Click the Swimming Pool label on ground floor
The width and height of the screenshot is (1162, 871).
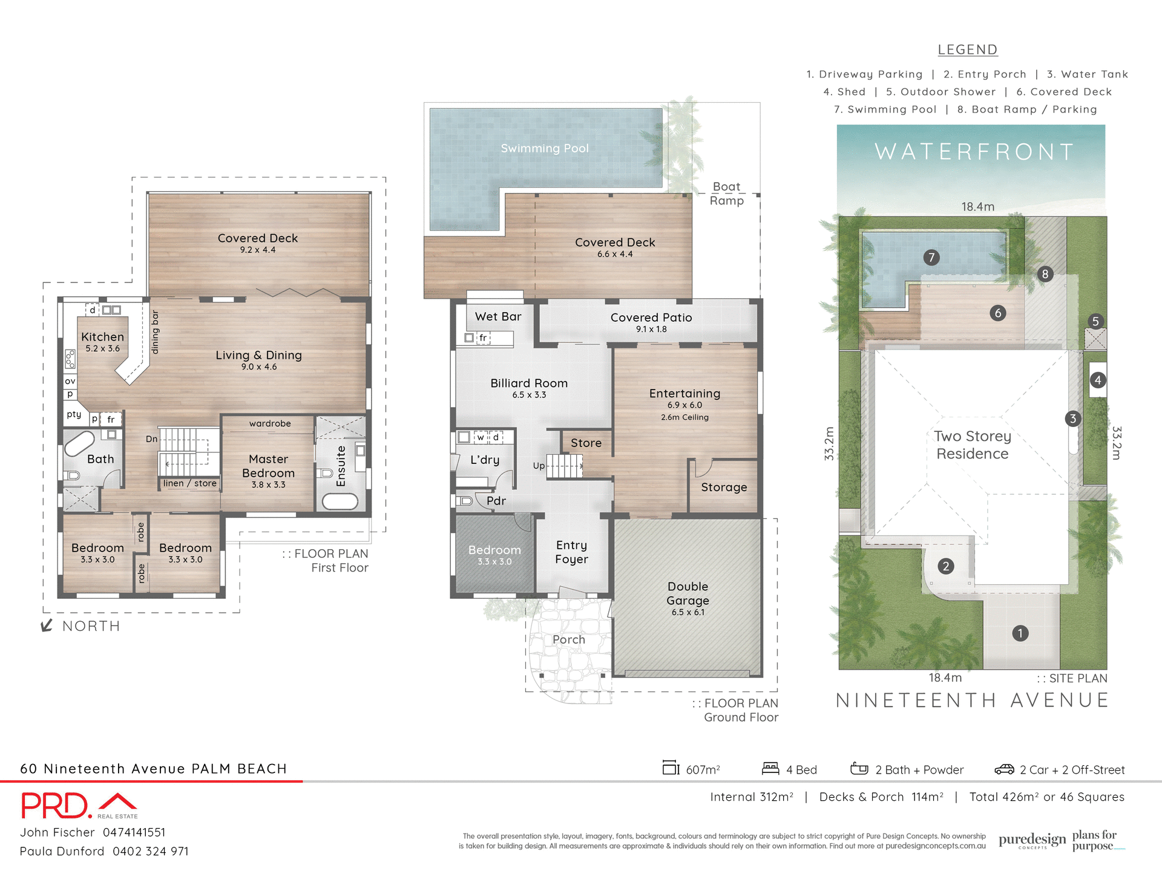pyautogui.click(x=544, y=148)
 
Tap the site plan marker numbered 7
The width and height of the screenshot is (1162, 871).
pyautogui.click(x=931, y=258)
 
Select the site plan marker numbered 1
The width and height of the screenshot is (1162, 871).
pyautogui.click(x=1020, y=633)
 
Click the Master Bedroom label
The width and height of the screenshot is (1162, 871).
pyautogui.click(x=268, y=466)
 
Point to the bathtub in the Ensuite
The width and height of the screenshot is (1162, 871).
pyautogui.click(x=340, y=501)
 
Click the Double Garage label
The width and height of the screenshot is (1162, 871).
pyautogui.click(x=688, y=593)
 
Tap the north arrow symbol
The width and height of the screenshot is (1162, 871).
pyautogui.click(x=47, y=625)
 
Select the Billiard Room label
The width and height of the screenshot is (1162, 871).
pyautogui.click(x=528, y=383)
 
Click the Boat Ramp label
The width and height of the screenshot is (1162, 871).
pyautogui.click(x=726, y=194)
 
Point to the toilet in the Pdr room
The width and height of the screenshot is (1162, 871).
pyautogui.click(x=464, y=501)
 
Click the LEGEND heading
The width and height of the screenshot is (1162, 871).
pyautogui.click(x=967, y=50)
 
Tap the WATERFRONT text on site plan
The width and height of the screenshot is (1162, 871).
pyautogui.click(x=974, y=152)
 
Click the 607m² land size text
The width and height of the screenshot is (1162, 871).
pyautogui.click(x=702, y=769)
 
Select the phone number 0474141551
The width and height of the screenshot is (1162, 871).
pyautogui.click(x=134, y=832)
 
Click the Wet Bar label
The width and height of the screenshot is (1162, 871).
pyautogui.click(x=497, y=316)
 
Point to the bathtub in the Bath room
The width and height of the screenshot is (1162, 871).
pyautogui.click(x=80, y=443)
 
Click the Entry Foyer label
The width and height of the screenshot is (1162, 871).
pyautogui.click(x=571, y=552)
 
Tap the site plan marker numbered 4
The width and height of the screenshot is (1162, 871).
pyautogui.click(x=1098, y=380)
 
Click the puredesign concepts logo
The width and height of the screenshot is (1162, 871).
pyautogui.click(x=1032, y=840)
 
